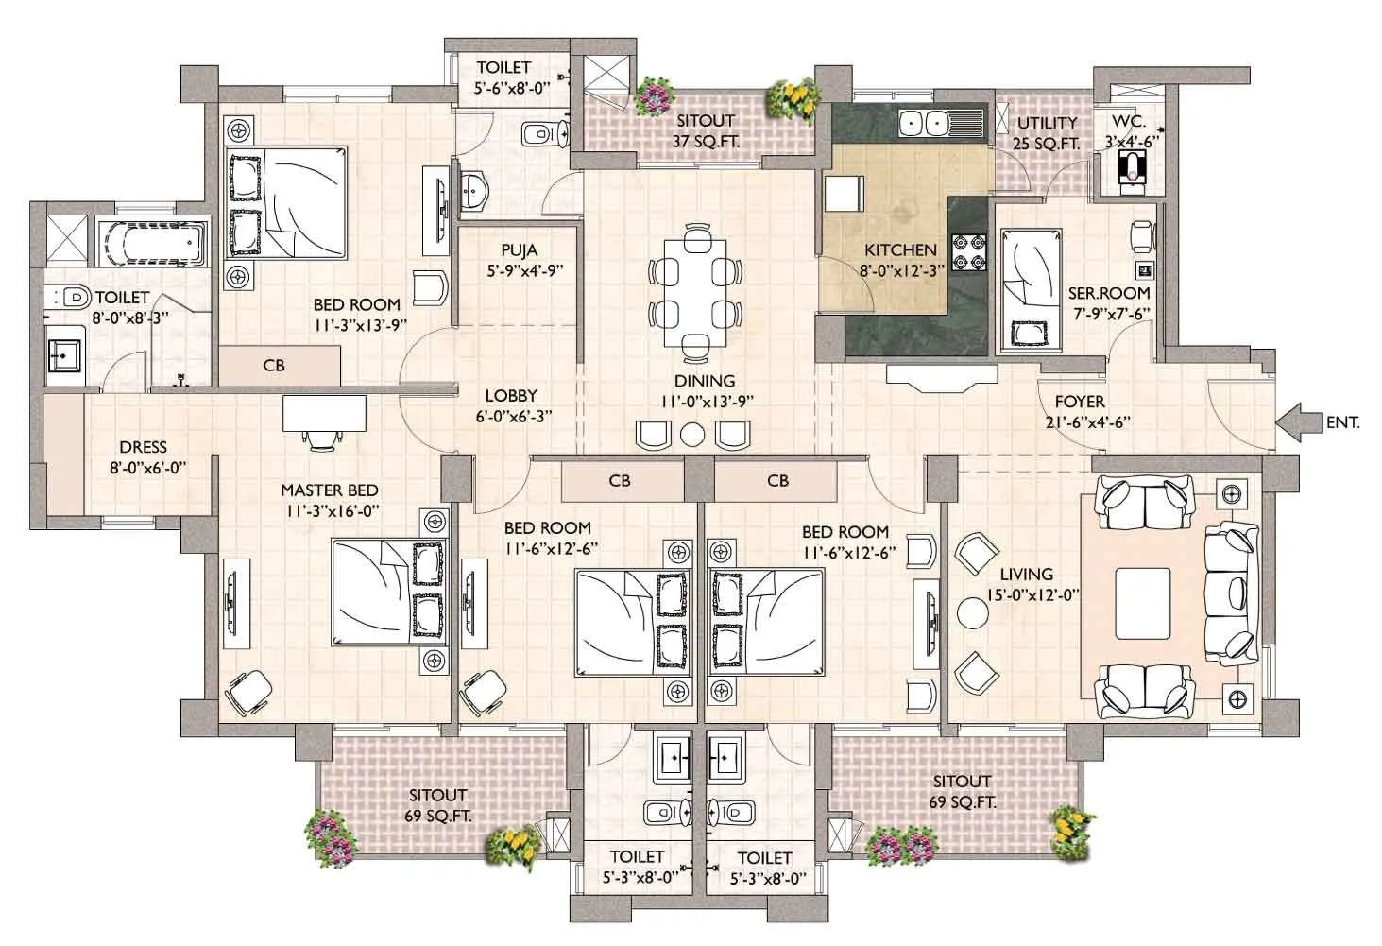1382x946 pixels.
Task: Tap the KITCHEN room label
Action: pyautogui.click(x=900, y=250)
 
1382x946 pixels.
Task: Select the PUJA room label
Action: pyautogui.click(x=519, y=250)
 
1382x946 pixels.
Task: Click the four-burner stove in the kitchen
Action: pyautogui.click(x=967, y=250)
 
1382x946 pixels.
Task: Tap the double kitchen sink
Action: pyautogui.click(x=923, y=123)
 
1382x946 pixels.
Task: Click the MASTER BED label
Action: pyautogui.click(x=329, y=490)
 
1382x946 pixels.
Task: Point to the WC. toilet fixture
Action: pyautogui.click(x=1131, y=170)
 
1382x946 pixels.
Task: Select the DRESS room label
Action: pyautogui.click(x=143, y=447)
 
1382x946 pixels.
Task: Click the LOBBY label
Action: pyautogui.click(x=511, y=396)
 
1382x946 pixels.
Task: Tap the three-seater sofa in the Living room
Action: pyautogui.click(x=1231, y=590)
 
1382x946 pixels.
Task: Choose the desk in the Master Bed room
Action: pyautogui.click(x=324, y=412)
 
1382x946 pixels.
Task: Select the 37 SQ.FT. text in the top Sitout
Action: pyautogui.click(x=706, y=142)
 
